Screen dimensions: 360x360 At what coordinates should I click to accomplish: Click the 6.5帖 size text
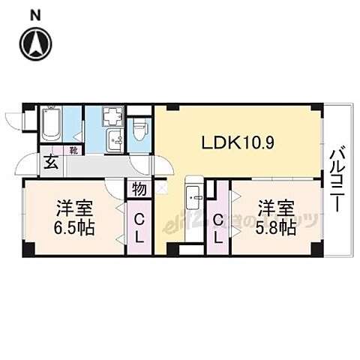[x=73, y=226]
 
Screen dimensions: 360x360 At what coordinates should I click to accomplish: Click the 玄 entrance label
[x=49, y=162]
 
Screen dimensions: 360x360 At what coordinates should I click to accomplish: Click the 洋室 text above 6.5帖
[x=73, y=207]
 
